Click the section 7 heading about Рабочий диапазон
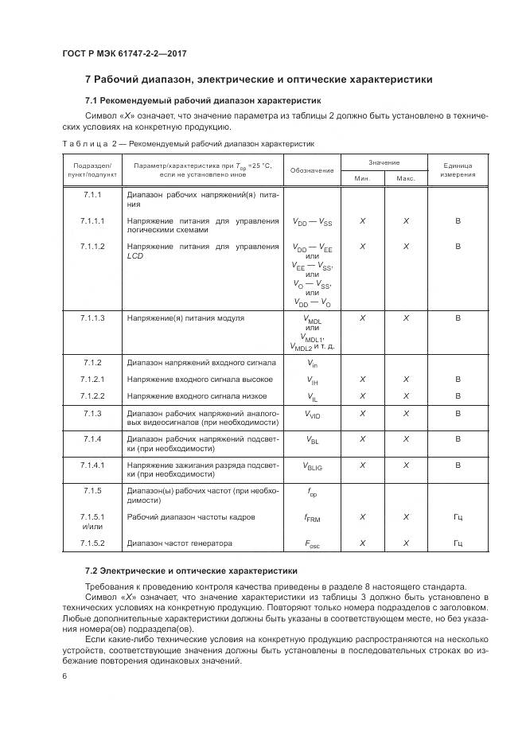(259, 80)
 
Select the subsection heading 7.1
(203, 101)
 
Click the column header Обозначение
(312, 170)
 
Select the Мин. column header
(362, 178)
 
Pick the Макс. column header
(406, 178)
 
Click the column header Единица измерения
(458, 170)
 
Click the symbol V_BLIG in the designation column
(312, 465)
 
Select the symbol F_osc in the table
(312, 543)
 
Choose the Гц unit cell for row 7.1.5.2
(458, 543)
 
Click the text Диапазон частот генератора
(180, 543)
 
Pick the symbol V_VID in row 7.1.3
(312, 414)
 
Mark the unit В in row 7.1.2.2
(458, 395)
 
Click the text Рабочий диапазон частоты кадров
(191, 517)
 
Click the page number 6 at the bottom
(64, 675)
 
